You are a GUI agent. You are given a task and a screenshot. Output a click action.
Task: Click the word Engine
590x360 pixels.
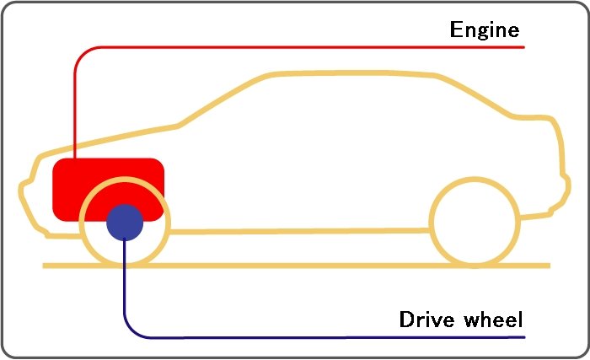485,30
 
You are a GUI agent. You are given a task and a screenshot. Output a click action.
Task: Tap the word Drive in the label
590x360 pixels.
427,319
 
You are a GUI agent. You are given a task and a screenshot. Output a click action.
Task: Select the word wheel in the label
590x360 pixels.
493,319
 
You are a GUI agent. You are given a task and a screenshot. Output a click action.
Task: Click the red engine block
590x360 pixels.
109,190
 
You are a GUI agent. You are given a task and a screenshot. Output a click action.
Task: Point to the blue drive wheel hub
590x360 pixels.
125,223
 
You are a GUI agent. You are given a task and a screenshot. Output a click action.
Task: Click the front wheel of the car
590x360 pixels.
125,223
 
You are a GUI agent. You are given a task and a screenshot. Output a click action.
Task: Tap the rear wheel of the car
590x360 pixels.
475,223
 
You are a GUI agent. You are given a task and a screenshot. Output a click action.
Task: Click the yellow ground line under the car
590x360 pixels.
297,266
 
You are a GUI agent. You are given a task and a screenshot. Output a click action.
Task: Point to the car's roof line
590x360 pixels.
354,73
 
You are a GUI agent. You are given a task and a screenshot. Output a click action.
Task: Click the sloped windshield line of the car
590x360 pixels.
225,99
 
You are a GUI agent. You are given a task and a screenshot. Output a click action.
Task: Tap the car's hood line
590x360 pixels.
109,140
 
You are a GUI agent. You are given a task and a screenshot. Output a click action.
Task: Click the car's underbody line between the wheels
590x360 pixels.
300,231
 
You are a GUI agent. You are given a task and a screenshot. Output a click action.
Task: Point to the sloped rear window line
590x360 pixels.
475,96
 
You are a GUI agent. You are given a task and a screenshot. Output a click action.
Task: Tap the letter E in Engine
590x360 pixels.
457,29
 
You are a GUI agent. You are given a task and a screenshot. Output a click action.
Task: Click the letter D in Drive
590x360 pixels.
407,319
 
